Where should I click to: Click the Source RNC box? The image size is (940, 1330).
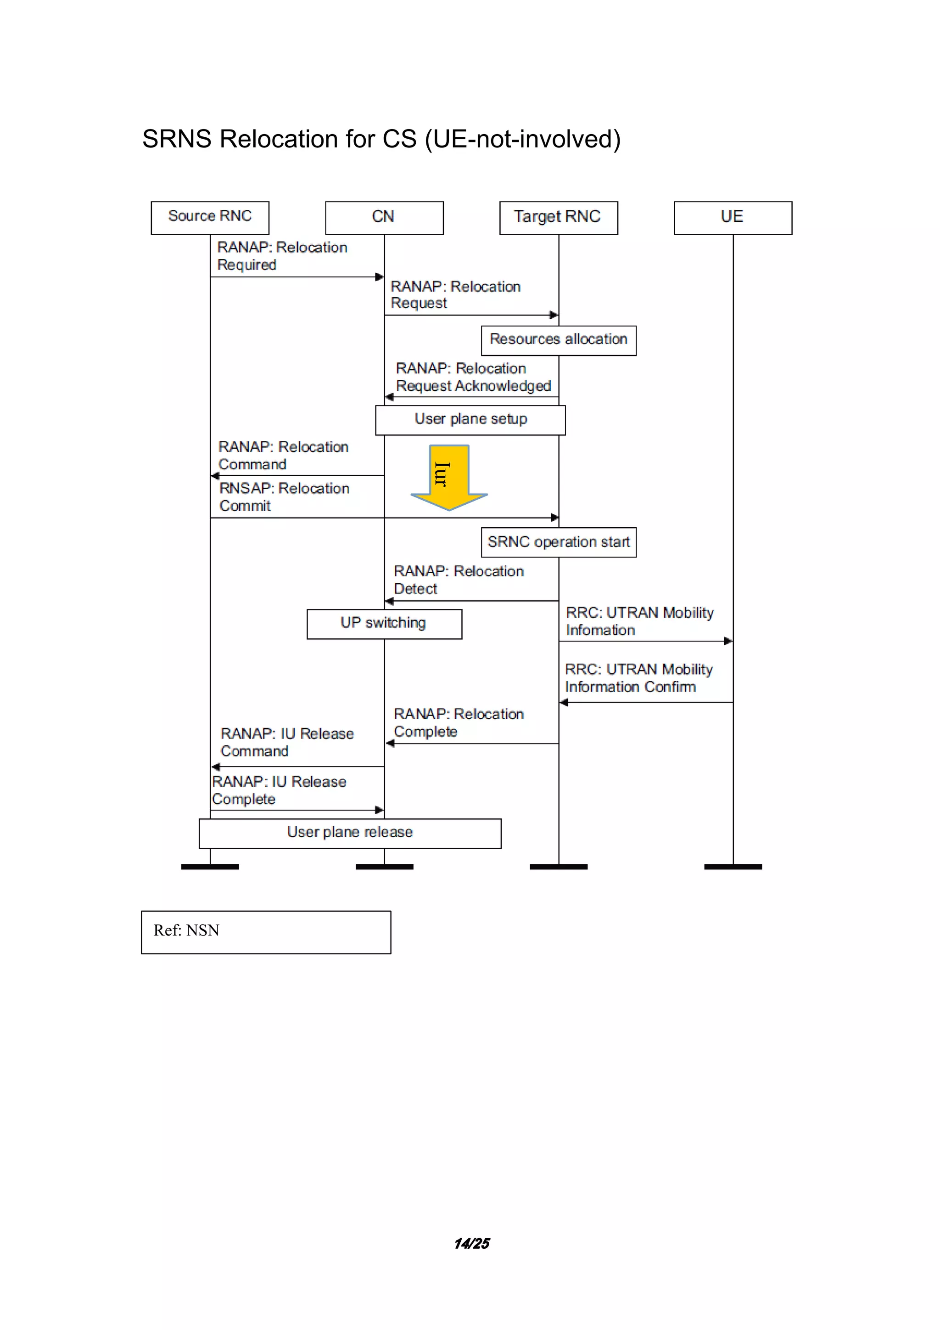point(210,218)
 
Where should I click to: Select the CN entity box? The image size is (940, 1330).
point(384,218)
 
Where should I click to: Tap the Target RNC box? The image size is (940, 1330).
point(559,218)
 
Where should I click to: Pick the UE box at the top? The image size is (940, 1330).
point(733,218)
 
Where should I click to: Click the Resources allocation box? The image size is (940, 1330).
point(559,341)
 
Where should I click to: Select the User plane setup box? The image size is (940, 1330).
point(470,420)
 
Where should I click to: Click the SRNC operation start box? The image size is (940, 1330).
point(559,542)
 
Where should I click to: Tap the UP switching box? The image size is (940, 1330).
point(384,624)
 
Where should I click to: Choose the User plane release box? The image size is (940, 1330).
point(350,834)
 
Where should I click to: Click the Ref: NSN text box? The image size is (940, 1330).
point(266,932)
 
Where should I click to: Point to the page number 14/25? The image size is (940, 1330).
point(472,1244)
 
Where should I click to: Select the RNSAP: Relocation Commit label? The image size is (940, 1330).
point(284,497)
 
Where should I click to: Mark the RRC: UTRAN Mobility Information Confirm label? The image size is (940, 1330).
point(638,678)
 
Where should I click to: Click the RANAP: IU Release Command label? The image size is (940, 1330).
point(286,742)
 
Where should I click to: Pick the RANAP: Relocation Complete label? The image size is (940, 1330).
point(459,722)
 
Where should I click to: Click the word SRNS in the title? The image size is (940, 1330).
point(177,139)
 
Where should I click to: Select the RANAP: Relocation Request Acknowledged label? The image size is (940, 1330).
point(473,377)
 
